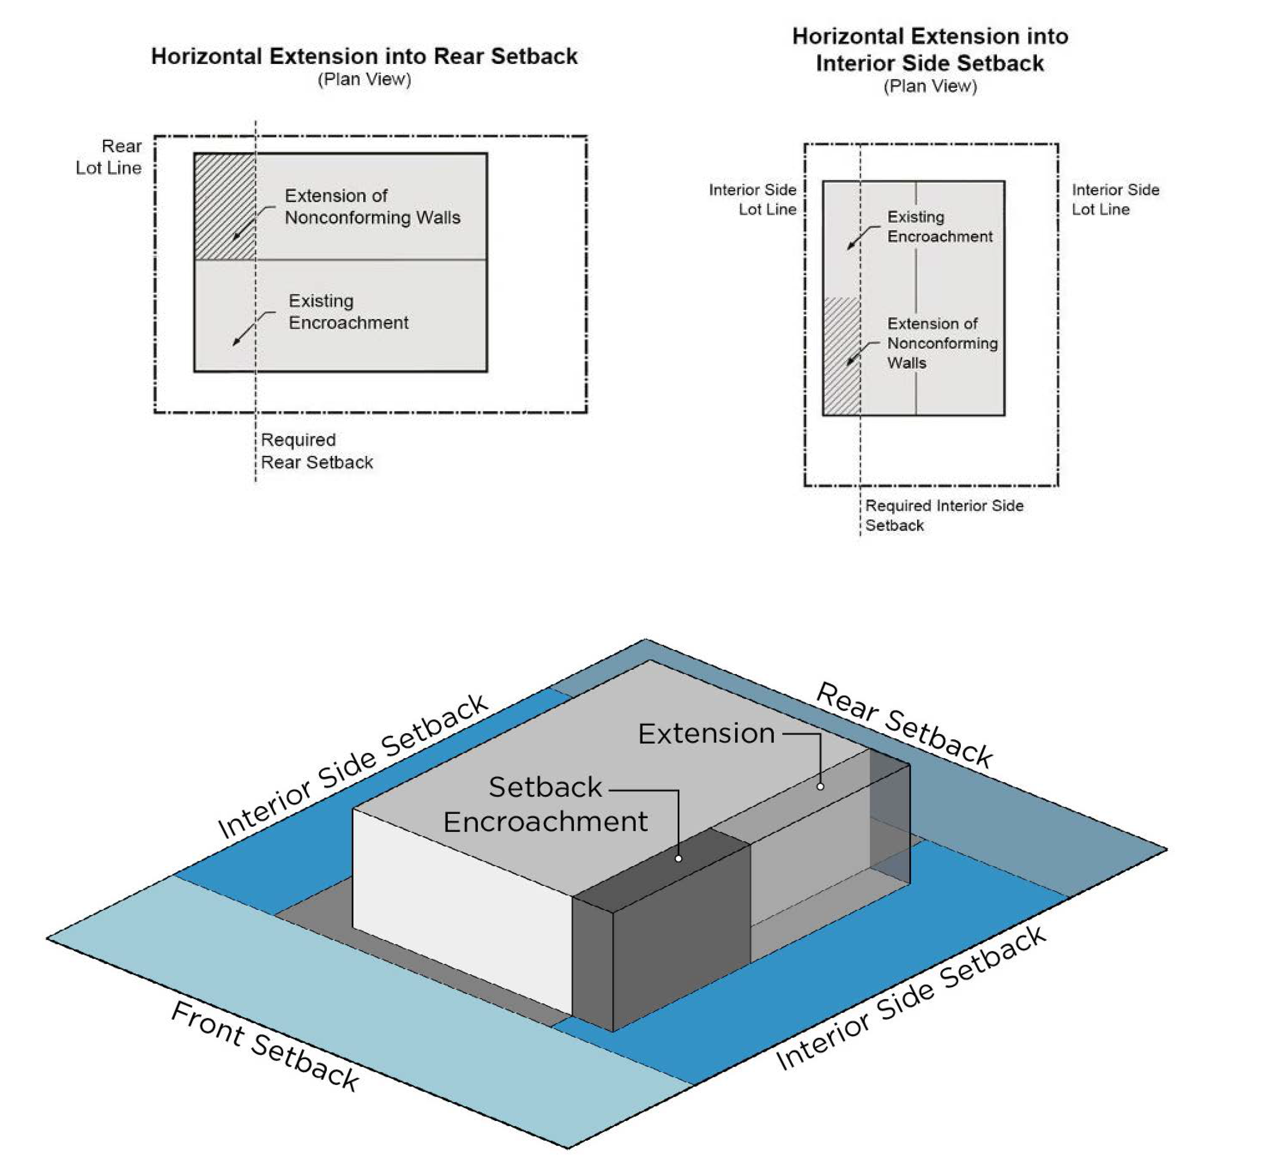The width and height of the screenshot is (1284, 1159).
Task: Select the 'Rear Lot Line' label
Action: click(110, 157)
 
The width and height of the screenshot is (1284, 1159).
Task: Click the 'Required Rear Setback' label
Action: click(316, 451)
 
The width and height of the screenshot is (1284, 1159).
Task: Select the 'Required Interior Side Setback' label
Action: click(943, 515)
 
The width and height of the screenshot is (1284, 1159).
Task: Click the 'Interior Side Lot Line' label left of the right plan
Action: click(753, 199)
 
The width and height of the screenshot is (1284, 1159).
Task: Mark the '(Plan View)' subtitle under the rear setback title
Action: click(364, 80)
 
